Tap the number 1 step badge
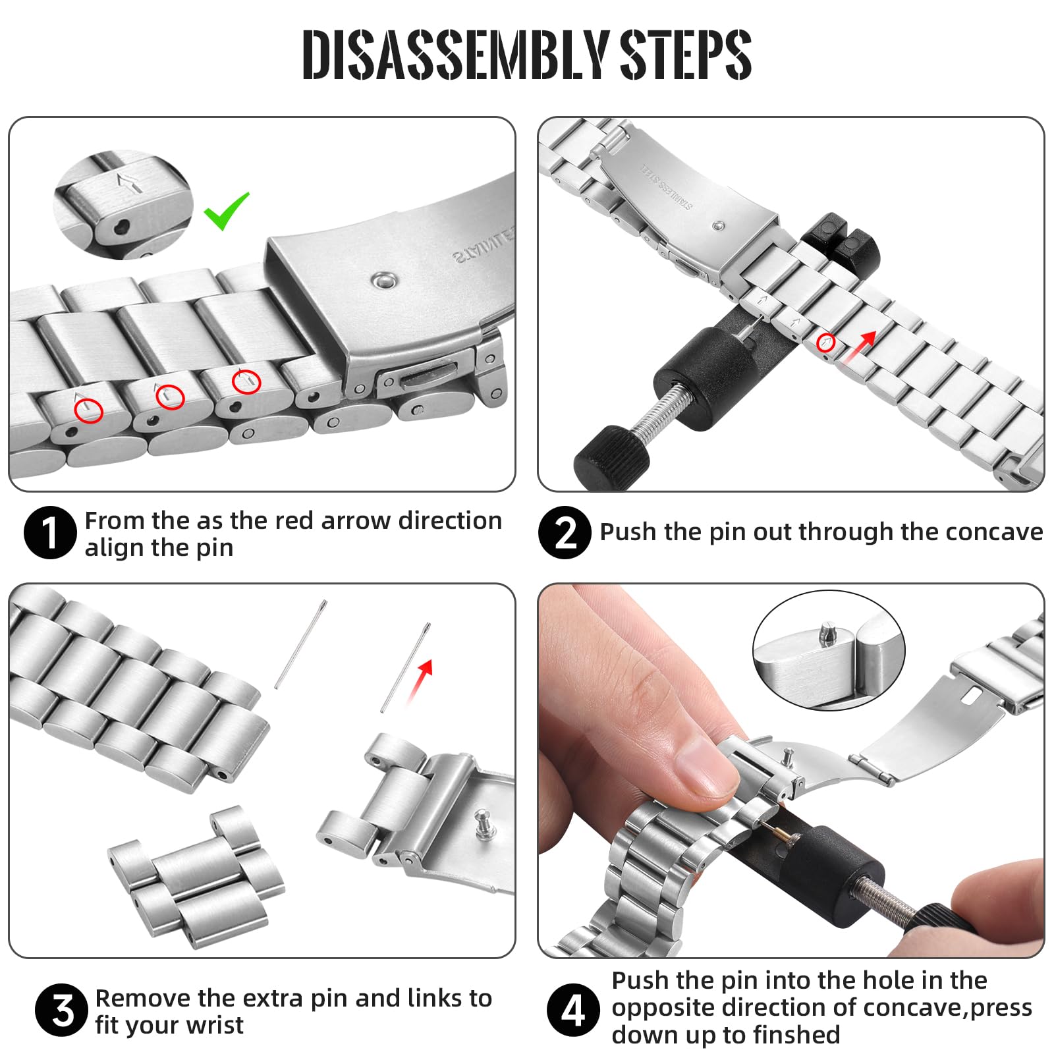[x=50, y=533]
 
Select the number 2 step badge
[x=565, y=533]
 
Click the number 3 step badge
[x=61, y=1011]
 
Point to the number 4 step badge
[x=573, y=1010]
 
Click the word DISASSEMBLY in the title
[x=455, y=55]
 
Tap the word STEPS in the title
[x=686, y=55]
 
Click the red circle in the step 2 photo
[x=826, y=343]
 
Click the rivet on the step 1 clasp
[x=383, y=281]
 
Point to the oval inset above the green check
[x=123, y=204]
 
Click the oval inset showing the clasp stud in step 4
[x=829, y=650]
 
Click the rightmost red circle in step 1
[x=246, y=381]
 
